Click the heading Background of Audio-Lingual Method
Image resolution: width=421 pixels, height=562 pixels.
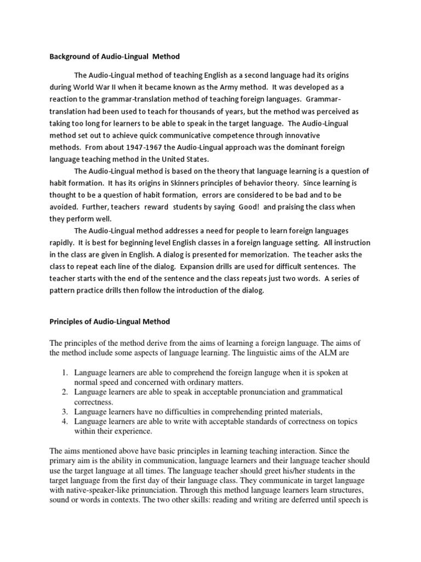pyautogui.click(x=115, y=57)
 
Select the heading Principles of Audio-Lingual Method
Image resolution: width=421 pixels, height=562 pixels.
pyautogui.click(x=110, y=321)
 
